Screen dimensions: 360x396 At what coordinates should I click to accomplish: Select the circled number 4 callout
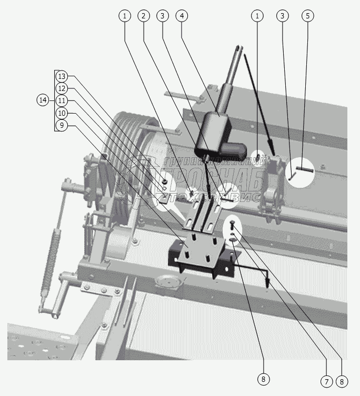(x=182, y=16)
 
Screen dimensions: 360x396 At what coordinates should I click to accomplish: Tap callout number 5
(x=308, y=16)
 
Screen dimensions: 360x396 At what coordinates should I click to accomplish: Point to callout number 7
(x=326, y=380)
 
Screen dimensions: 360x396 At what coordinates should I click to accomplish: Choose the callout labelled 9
(x=62, y=125)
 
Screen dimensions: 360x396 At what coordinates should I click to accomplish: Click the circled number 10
(x=62, y=113)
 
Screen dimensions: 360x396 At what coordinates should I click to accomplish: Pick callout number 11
(x=62, y=100)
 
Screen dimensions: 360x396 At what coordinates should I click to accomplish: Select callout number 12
(x=62, y=88)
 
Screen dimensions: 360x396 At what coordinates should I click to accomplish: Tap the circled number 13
(x=62, y=76)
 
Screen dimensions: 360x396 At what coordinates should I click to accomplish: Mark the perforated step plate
(x=37, y=342)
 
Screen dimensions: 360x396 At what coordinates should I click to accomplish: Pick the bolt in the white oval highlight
(x=232, y=226)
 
